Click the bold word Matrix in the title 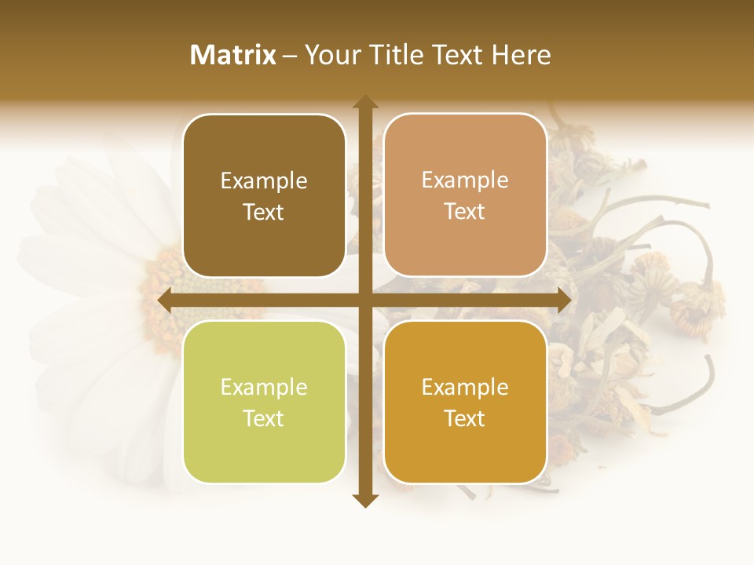(x=232, y=55)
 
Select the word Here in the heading (x=521, y=55)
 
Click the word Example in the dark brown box (x=264, y=181)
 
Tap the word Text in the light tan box (x=465, y=212)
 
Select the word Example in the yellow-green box (x=264, y=388)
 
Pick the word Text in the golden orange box (x=465, y=419)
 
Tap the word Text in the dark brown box (x=264, y=213)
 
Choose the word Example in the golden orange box (x=465, y=388)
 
